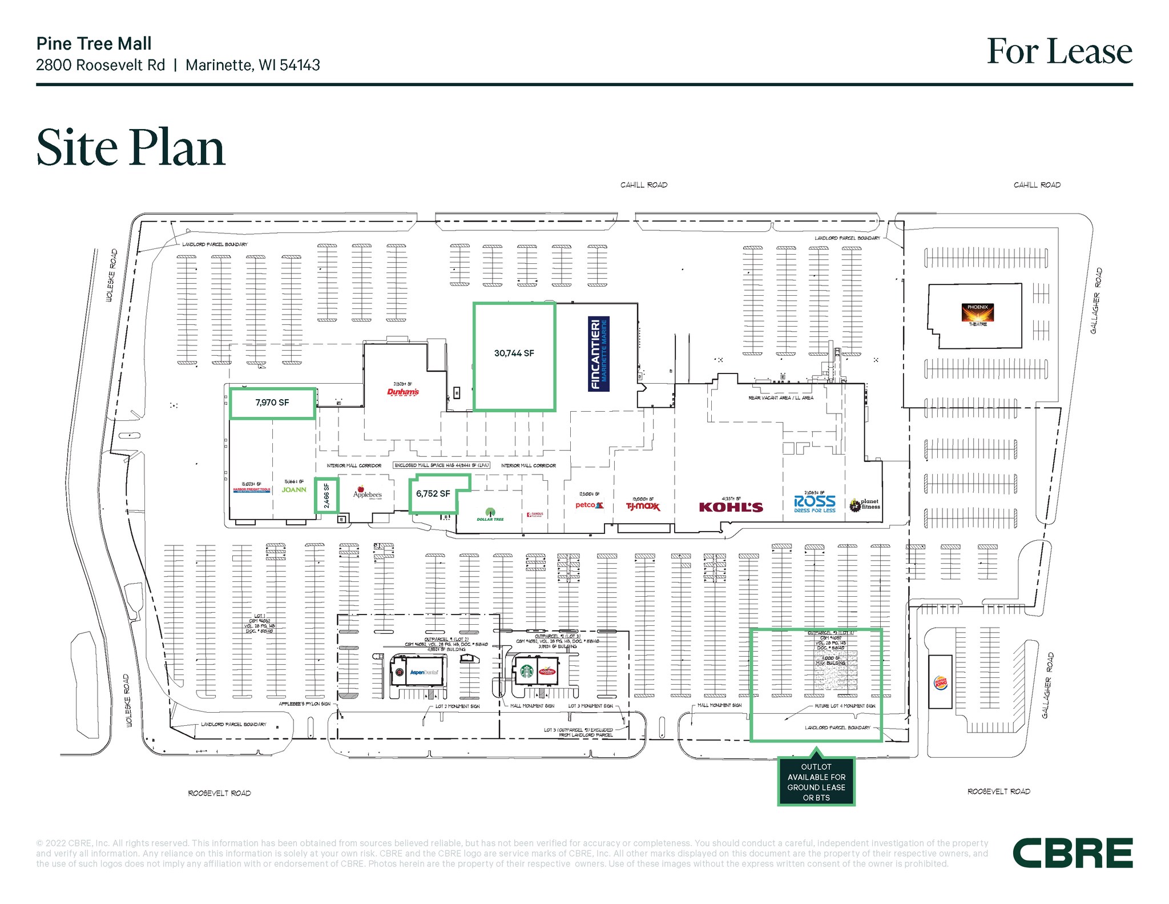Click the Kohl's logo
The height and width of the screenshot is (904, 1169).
[731, 507]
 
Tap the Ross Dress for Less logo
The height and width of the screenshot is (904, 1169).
[815, 504]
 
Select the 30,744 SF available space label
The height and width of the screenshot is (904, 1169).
[514, 353]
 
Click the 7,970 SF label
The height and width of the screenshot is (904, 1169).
[272, 403]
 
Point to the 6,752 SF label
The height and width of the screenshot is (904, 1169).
[433, 494]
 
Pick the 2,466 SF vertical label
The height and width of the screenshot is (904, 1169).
[327, 496]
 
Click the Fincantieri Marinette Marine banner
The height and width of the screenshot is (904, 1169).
[599, 354]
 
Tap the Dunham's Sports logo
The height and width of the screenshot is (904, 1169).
[403, 392]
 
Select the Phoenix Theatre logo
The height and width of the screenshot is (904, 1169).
[978, 314]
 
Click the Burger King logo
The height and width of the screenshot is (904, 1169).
[940, 682]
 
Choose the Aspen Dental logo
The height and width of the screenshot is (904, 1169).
[424, 673]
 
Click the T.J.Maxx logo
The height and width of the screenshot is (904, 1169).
[643, 507]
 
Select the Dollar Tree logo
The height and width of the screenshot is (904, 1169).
[490, 515]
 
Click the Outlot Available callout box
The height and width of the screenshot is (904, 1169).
[816, 782]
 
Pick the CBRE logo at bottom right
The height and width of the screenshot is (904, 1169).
[1072, 854]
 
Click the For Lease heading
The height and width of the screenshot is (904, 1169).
[1059, 51]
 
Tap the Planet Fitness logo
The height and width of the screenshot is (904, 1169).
[865, 504]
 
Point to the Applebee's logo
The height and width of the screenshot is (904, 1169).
[367, 493]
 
